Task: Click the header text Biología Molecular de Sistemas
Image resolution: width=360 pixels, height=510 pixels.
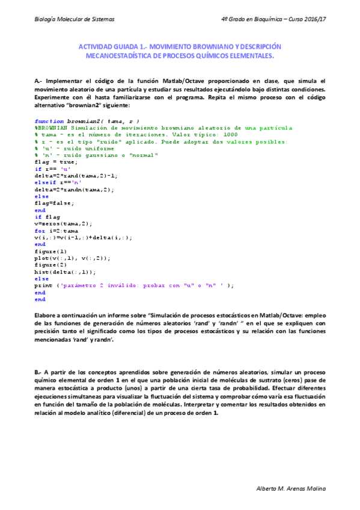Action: [74, 19]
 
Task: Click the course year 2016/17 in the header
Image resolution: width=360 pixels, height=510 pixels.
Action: [310, 19]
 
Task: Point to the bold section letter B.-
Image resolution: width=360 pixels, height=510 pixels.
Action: [39, 373]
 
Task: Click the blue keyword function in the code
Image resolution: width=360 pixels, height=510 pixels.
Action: [49, 121]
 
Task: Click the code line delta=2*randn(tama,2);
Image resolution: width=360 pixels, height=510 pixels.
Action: [75, 189]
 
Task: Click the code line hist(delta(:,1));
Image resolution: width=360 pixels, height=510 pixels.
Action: [65, 272]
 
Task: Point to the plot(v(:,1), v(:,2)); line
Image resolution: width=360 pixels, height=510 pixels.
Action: [73, 258]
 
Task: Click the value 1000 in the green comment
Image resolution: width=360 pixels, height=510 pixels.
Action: [229, 135]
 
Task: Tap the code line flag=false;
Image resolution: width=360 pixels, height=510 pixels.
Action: [55, 203]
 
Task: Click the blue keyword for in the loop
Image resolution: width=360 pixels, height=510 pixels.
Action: [40, 230]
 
